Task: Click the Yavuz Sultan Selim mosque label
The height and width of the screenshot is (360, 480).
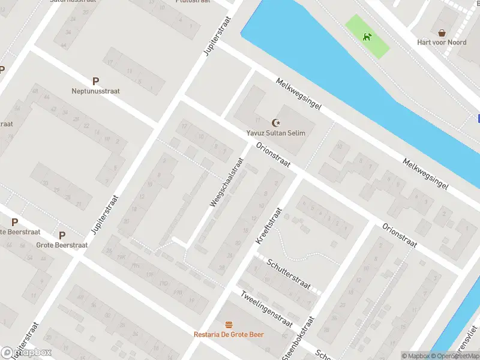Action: (x=276, y=133)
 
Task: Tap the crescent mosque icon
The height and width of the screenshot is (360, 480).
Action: (x=276, y=122)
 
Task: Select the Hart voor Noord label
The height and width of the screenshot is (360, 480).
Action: (x=442, y=43)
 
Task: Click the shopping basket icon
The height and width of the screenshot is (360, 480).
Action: (x=442, y=32)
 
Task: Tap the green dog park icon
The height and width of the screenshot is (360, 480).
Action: (x=367, y=37)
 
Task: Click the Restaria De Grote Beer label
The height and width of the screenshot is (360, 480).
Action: (x=229, y=334)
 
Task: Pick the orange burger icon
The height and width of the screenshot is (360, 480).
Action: (x=229, y=324)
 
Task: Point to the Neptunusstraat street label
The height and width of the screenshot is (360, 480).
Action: (x=95, y=91)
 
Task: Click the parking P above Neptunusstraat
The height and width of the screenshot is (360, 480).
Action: (x=95, y=81)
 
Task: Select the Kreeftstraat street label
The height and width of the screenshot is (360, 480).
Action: (x=268, y=225)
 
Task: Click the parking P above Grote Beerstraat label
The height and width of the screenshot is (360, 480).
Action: (x=62, y=235)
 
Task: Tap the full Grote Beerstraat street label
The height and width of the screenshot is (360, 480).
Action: (x=62, y=245)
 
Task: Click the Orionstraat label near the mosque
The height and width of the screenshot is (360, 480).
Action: (x=273, y=155)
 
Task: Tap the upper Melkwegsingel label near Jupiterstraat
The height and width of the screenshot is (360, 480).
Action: (x=299, y=93)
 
